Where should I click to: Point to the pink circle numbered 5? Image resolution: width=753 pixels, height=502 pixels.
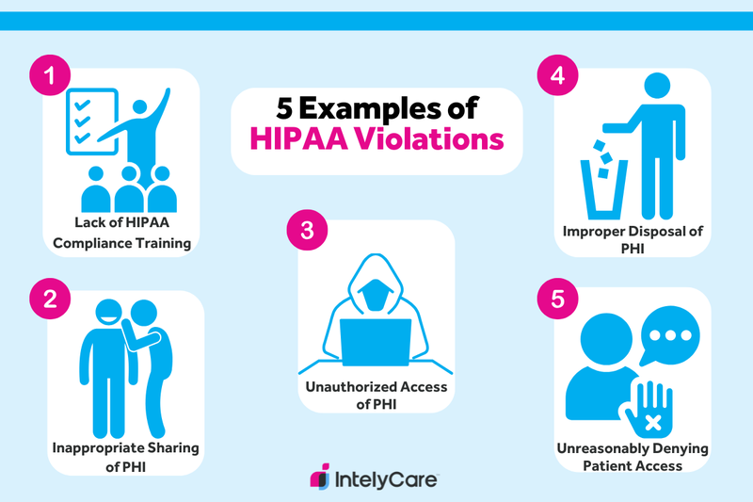point(556,300)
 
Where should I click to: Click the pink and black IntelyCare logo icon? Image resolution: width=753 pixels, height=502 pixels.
point(321,477)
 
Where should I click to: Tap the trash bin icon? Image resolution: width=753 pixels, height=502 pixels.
point(600,187)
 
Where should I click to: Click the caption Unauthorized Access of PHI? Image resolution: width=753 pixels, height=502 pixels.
point(376,396)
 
